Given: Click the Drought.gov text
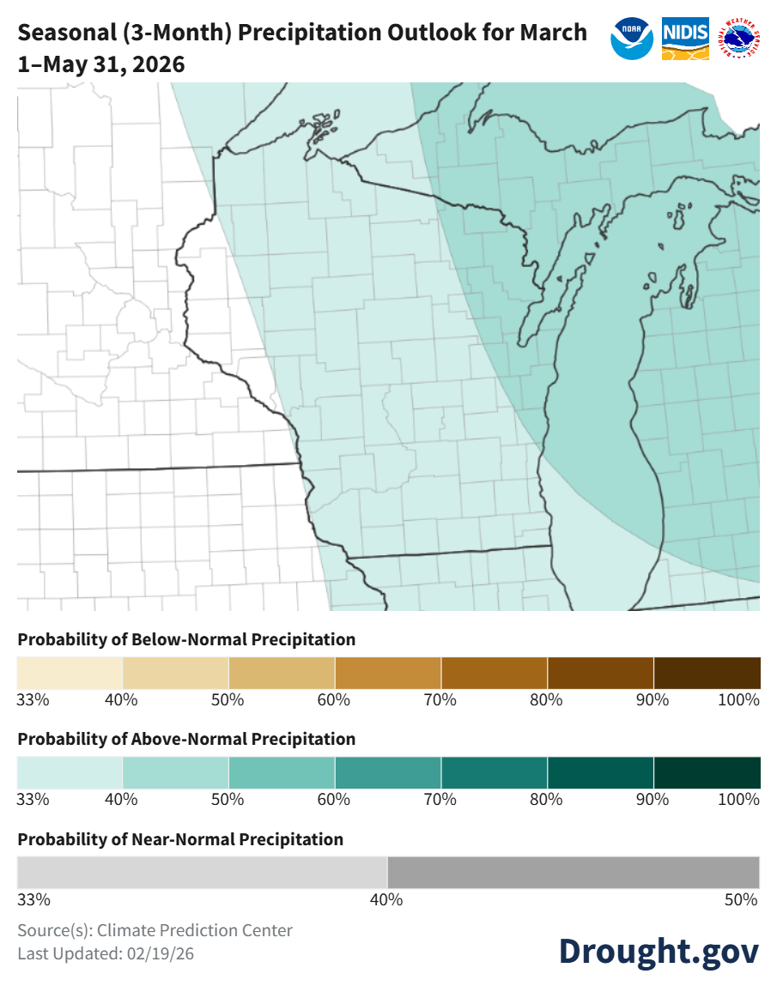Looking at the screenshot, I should pyautogui.click(x=659, y=950).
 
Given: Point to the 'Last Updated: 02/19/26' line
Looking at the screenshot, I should pyautogui.click(x=106, y=953).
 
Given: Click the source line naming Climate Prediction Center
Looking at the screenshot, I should pyautogui.click(x=155, y=930).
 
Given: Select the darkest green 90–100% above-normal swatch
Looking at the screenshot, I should pyautogui.click(x=707, y=772).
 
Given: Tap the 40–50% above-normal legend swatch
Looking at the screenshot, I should pyautogui.click(x=176, y=772).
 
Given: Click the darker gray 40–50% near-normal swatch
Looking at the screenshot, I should pyautogui.click(x=574, y=873).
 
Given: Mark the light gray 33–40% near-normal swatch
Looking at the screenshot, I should pyautogui.click(x=203, y=873).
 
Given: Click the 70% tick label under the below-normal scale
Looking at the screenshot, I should pyautogui.click(x=440, y=699).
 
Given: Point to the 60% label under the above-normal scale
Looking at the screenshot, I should pyautogui.click(x=333, y=799).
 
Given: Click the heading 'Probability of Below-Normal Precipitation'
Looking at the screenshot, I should pyautogui.click(x=186, y=639).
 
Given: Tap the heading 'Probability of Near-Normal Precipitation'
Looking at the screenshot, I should pyautogui.click(x=180, y=839).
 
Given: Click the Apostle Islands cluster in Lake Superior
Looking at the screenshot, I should pyautogui.click(x=325, y=125).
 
